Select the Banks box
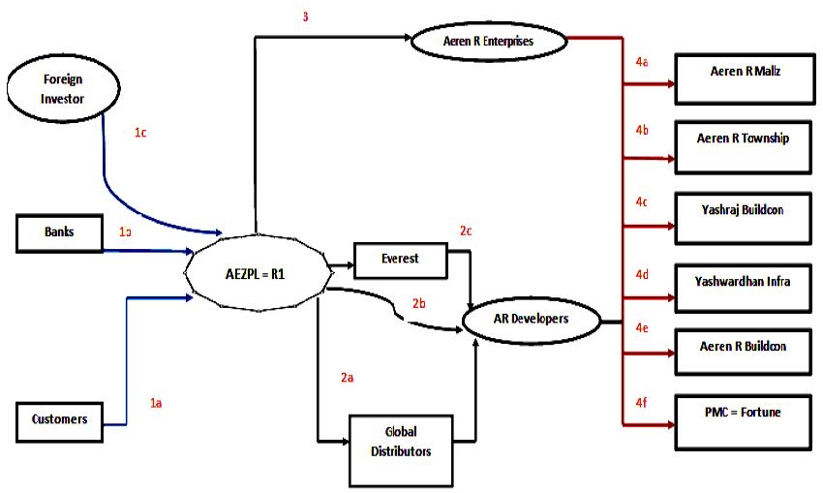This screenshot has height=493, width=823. (60, 232)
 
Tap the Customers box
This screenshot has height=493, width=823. (60, 419)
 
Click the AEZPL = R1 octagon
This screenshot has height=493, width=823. (255, 272)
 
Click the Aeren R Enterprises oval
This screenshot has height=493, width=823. (486, 42)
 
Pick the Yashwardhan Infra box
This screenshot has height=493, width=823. (744, 289)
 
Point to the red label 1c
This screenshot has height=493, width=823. (141, 133)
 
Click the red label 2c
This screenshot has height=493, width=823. (467, 231)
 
